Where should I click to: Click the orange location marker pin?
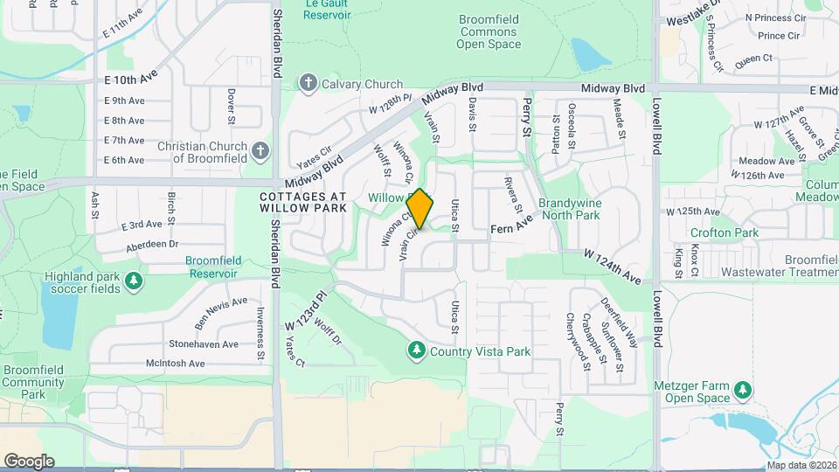click(420, 209)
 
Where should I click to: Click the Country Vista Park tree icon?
click(417, 351)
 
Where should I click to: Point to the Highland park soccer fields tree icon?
click(134, 281)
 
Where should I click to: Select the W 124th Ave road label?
click(615, 266)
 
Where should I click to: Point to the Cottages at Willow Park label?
click(303, 204)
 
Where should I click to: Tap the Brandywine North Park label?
click(569, 208)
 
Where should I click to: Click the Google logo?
click(29, 461)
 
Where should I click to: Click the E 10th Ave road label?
click(130, 80)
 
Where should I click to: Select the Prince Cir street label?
click(780, 36)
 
